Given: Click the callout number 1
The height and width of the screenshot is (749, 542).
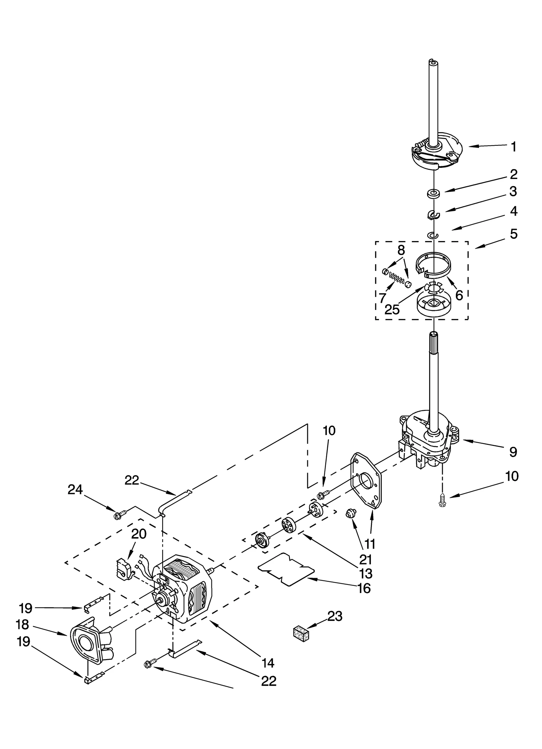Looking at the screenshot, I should tap(514, 147).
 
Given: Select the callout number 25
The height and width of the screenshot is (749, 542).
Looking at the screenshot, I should tap(392, 310).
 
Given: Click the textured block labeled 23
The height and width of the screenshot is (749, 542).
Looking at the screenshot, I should tap(301, 633).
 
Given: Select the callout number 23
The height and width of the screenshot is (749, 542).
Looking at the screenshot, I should tap(335, 616).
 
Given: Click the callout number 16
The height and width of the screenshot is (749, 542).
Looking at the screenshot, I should tap(364, 588).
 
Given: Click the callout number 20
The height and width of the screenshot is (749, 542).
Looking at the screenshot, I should tap(139, 534).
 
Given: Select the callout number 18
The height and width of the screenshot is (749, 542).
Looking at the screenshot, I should tap(22, 624).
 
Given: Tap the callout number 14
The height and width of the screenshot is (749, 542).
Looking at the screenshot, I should tap(268, 662).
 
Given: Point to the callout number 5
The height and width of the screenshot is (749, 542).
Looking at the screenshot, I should tap(514, 234).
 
